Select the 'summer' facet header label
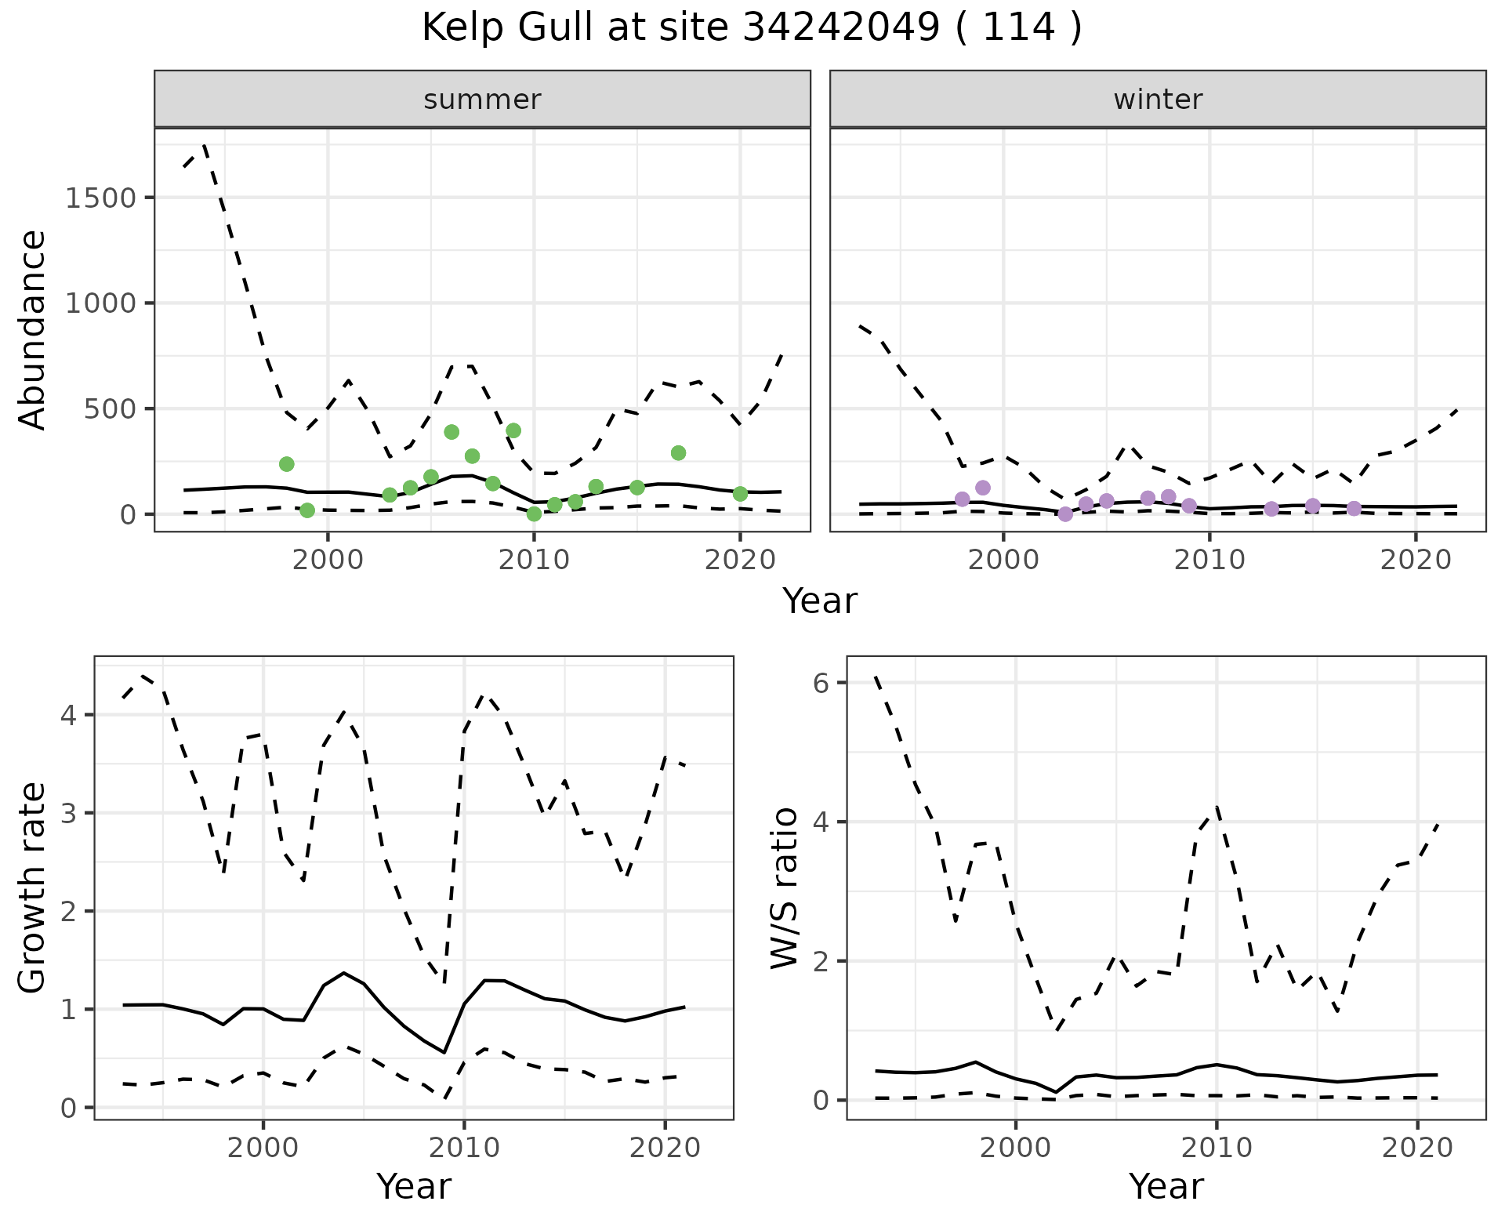(x=482, y=100)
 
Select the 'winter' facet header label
(x=1158, y=100)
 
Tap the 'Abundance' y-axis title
(x=33, y=329)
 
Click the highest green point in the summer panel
(x=513, y=430)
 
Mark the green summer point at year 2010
(x=534, y=514)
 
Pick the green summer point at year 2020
(x=740, y=494)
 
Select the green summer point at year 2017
(x=678, y=453)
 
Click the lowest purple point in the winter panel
(x=1065, y=514)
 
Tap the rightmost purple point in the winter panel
(x=1354, y=509)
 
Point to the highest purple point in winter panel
(x=983, y=488)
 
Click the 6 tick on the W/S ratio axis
(x=821, y=683)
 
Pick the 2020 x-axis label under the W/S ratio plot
(x=1417, y=1149)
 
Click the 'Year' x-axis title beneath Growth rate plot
(x=414, y=1186)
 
